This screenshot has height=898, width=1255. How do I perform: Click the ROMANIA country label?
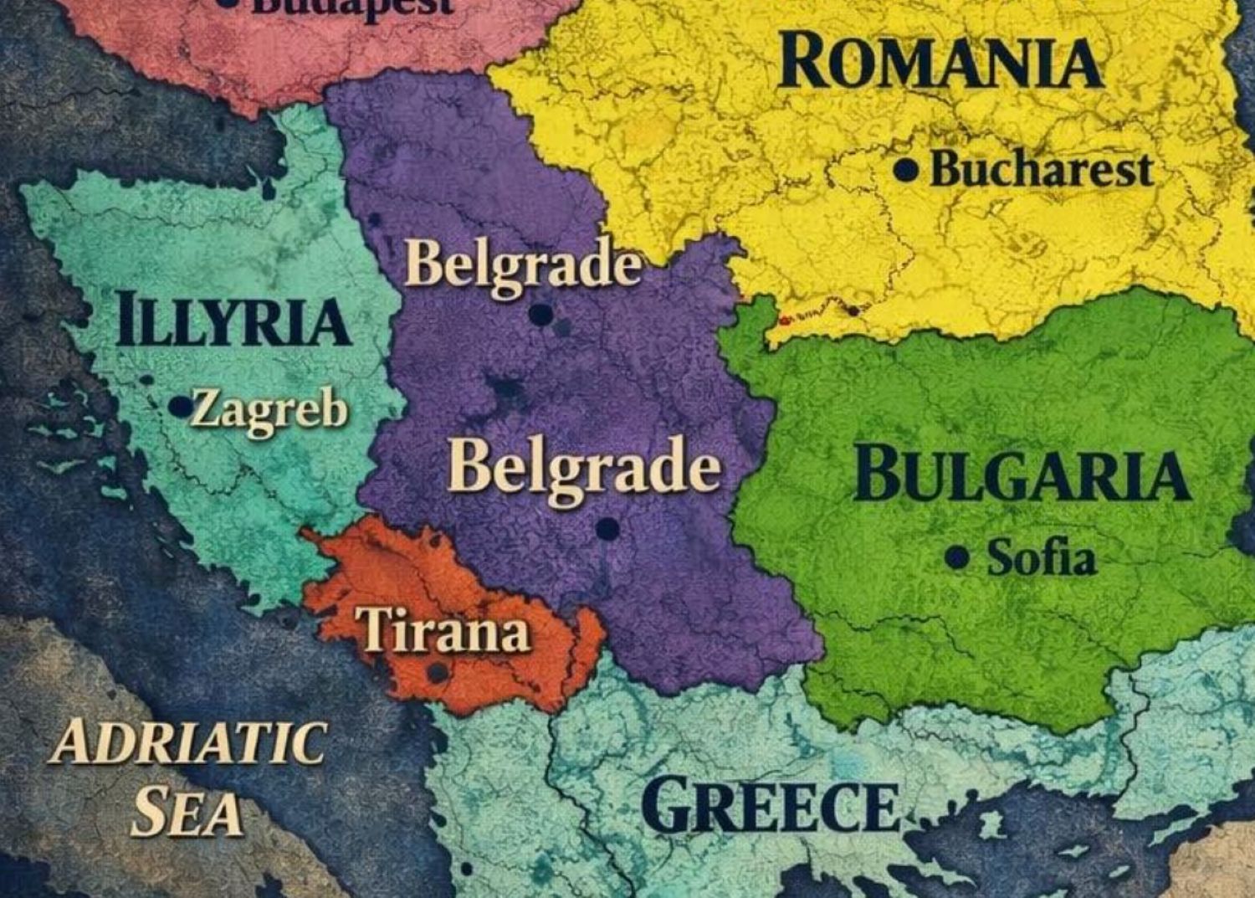[x=940, y=62]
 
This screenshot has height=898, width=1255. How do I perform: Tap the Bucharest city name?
[x=1041, y=170]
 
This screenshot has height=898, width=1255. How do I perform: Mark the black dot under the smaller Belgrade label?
[x=541, y=315]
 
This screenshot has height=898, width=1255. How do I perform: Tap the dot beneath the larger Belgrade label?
[x=607, y=529]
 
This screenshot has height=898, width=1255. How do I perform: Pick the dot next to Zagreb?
[x=180, y=407]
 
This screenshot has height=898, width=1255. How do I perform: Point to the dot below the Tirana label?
[x=437, y=672]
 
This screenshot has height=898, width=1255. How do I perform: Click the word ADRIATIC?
[x=187, y=742]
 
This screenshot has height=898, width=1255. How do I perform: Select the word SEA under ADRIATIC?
[x=187, y=812]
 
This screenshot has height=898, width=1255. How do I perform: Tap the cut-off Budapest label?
[x=351, y=7]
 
